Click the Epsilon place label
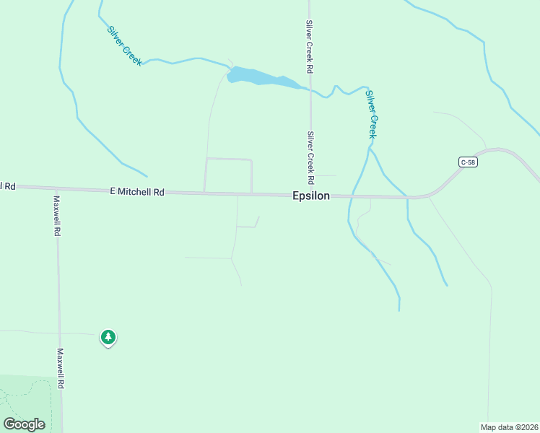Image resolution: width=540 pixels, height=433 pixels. click(311, 196)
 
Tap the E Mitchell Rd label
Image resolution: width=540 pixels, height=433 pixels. click(137, 192)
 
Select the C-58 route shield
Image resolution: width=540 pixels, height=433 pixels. click(468, 162)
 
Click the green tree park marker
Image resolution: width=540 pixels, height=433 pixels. click(108, 337)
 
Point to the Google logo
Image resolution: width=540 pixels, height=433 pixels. click(25, 424)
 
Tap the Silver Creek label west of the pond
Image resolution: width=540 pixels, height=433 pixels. click(124, 46)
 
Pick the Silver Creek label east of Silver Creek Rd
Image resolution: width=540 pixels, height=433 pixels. click(371, 114)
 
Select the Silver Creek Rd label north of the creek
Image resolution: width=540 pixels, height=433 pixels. click(309, 46)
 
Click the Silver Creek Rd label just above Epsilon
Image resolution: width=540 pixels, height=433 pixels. click(310, 157)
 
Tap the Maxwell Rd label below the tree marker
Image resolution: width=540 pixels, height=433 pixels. click(61, 369)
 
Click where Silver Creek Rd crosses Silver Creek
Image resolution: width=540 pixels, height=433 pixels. click(310, 89)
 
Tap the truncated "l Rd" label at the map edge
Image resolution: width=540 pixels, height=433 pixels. click(7, 186)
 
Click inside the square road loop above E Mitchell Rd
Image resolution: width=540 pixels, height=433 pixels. click(229, 175)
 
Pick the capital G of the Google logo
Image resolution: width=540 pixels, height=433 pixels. click(9, 424)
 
